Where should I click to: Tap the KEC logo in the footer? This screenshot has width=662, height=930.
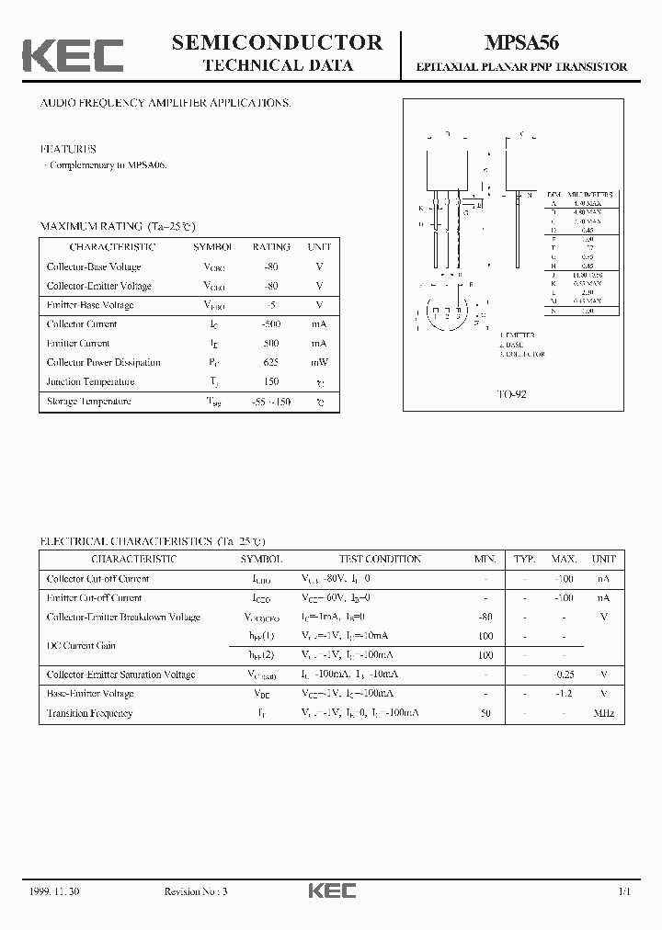[331, 890]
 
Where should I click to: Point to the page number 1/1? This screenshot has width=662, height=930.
[624, 891]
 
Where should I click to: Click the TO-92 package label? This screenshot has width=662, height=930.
[512, 393]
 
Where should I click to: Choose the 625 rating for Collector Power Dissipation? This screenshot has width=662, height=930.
[271, 362]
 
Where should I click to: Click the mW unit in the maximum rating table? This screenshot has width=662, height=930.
[319, 362]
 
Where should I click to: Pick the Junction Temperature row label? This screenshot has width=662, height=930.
[91, 381]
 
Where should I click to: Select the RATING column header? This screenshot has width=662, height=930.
[271, 247]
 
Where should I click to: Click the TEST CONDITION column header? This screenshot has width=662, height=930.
[380, 559]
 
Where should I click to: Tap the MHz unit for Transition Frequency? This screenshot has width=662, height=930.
[603, 713]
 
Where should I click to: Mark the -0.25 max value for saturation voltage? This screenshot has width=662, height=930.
[564, 675]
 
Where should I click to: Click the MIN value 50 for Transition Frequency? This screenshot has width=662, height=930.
[485, 713]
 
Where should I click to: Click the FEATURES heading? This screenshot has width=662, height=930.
[68, 148]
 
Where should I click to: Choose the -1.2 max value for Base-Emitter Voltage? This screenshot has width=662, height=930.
[564, 694]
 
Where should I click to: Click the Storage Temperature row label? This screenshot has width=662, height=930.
[89, 402]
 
